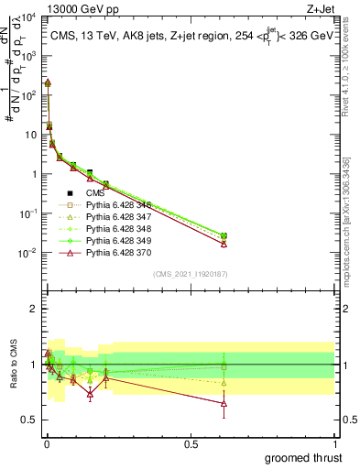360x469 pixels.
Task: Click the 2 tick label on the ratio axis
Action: pos(35,309)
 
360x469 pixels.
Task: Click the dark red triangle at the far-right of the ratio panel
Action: pos(224,403)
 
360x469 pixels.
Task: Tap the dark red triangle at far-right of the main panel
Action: pos(224,244)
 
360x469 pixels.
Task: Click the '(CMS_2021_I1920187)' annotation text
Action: pos(190,273)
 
